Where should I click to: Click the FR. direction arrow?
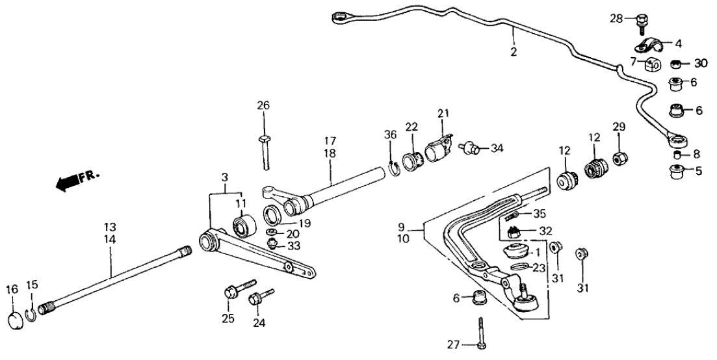point(72,183)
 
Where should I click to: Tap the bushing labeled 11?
point(245,227)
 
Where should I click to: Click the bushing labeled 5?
point(676,172)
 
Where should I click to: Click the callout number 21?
point(443,114)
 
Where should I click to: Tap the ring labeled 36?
point(393,170)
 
